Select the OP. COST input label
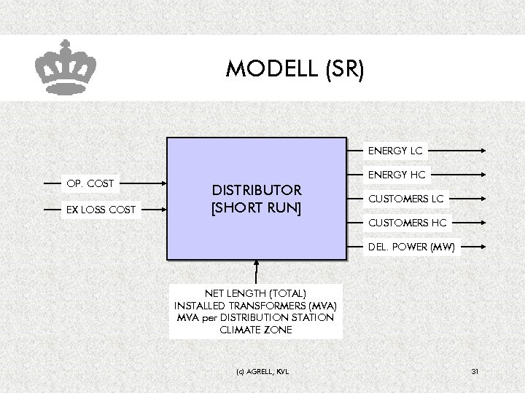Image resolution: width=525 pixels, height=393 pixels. click(x=90, y=183)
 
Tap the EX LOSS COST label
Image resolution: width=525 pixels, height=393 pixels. click(x=101, y=210)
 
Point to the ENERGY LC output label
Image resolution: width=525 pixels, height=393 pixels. click(x=395, y=151)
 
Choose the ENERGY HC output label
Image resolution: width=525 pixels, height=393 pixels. click(x=397, y=175)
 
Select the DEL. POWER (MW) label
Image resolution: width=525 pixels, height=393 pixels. click(x=411, y=247)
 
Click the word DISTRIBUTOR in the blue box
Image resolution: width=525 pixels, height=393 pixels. click(x=256, y=191)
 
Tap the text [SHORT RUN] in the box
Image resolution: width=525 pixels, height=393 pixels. click(x=256, y=208)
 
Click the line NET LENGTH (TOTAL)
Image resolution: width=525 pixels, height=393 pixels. click(x=255, y=293)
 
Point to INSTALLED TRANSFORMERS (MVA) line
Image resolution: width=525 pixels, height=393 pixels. click(x=255, y=306)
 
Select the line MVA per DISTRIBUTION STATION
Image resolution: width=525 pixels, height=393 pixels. click(x=255, y=317)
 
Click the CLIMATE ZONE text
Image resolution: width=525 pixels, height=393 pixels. click(x=255, y=330)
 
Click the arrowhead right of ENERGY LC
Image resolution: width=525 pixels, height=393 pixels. click(x=483, y=151)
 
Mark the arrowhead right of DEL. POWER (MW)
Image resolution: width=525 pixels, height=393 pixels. click(x=483, y=247)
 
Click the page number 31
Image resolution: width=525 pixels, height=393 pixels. click(x=475, y=372)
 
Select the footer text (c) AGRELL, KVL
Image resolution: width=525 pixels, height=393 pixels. click(x=262, y=372)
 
